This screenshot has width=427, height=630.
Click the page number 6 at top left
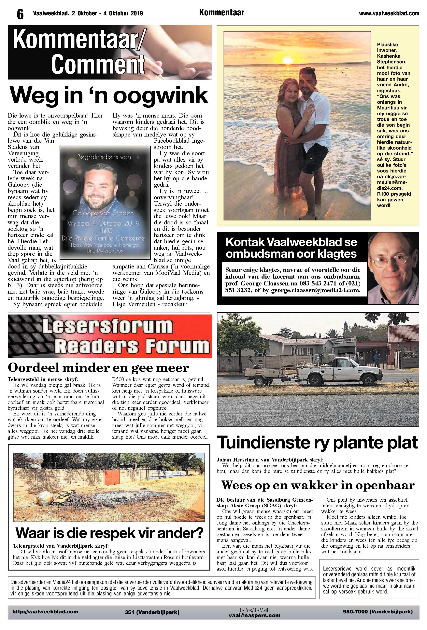coord(20,14)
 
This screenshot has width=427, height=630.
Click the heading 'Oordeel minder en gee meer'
coord(98,368)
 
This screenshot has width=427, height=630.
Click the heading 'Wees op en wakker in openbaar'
coord(318,485)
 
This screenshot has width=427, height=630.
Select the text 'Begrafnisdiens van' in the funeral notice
coord(104,157)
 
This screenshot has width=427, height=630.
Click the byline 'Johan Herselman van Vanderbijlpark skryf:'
coord(270,460)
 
